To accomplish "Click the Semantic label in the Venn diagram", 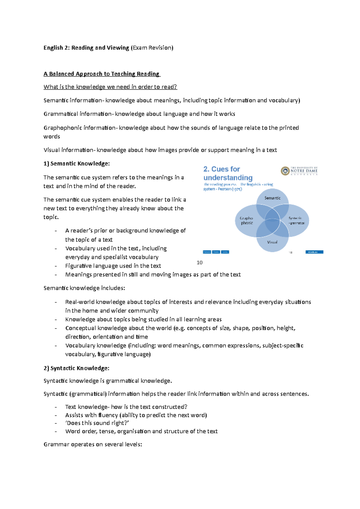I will [272, 198].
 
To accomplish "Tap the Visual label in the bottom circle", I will [272, 242].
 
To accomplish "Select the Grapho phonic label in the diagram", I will [247, 221].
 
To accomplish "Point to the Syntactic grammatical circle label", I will [296, 221].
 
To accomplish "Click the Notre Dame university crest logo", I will [285, 171].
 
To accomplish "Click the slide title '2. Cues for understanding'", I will [228, 173].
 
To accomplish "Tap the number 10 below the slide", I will [199, 263].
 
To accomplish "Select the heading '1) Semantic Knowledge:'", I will [77, 164].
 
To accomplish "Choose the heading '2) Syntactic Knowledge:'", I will [76, 368].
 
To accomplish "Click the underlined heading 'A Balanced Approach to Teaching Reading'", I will [102, 74].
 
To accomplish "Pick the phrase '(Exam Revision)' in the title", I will [152, 48].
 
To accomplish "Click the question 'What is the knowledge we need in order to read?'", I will [110, 87].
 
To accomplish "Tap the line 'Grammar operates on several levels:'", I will [93, 444].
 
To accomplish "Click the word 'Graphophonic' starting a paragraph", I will [63, 128].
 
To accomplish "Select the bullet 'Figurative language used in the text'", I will [113, 266].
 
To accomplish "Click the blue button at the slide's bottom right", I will [314, 252].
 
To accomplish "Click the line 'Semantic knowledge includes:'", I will [84, 288].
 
